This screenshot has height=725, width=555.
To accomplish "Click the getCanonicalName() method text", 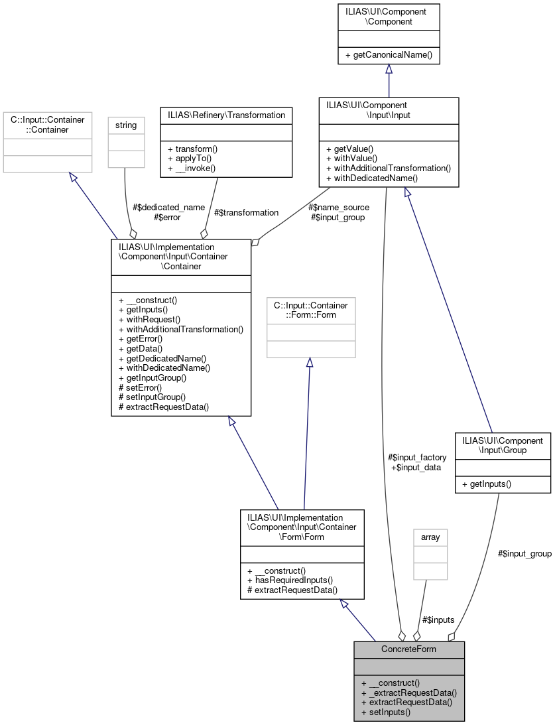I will point(389,55).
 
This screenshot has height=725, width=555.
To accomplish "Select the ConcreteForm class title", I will point(408,649).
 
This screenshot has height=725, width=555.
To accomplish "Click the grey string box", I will point(126,141).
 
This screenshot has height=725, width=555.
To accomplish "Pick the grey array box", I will point(430,553).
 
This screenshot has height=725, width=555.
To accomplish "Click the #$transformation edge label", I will point(246,212).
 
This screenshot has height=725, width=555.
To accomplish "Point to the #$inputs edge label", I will point(438,620).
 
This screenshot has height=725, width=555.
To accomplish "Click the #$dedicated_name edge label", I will point(169,207).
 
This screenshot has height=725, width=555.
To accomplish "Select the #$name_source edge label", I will point(339,207).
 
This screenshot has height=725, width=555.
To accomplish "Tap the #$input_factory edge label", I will point(417,457).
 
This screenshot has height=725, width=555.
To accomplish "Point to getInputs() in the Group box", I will point(486,484).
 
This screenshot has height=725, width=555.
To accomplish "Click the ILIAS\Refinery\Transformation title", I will point(226,115).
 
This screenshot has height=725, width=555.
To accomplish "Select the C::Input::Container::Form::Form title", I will point(311,310).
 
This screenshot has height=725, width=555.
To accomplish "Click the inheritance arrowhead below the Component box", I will point(389,69).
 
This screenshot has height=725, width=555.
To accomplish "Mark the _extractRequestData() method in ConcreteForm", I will point(409,692).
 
